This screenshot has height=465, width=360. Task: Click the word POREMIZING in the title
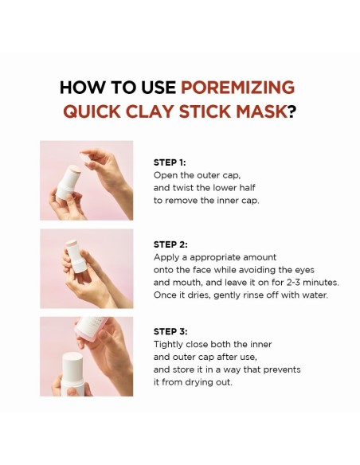[x=237, y=87]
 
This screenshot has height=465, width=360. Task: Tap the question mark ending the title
[x=292, y=111]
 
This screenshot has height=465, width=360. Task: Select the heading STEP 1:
[x=170, y=162]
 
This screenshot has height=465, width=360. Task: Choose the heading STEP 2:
[x=170, y=244]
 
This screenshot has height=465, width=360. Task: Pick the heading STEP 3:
[x=170, y=331]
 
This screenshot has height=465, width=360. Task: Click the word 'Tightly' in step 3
[x=170, y=344]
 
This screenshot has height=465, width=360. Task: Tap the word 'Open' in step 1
[x=166, y=174]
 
